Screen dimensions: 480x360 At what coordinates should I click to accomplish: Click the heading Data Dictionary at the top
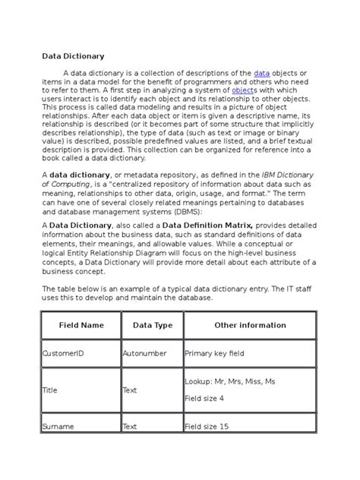point(72,55)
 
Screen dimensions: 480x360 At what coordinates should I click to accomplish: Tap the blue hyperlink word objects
point(244,89)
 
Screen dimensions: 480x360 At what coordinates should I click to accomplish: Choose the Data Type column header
point(153,325)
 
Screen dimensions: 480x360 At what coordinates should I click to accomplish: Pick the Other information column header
point(250,325)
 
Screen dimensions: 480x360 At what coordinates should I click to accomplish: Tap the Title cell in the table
point(49,390)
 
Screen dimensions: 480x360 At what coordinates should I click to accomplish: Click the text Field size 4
point(204,398)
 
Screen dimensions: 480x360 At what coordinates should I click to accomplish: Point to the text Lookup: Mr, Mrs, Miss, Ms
point(230,381)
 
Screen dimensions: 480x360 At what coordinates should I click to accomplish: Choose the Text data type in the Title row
point(130,390)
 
